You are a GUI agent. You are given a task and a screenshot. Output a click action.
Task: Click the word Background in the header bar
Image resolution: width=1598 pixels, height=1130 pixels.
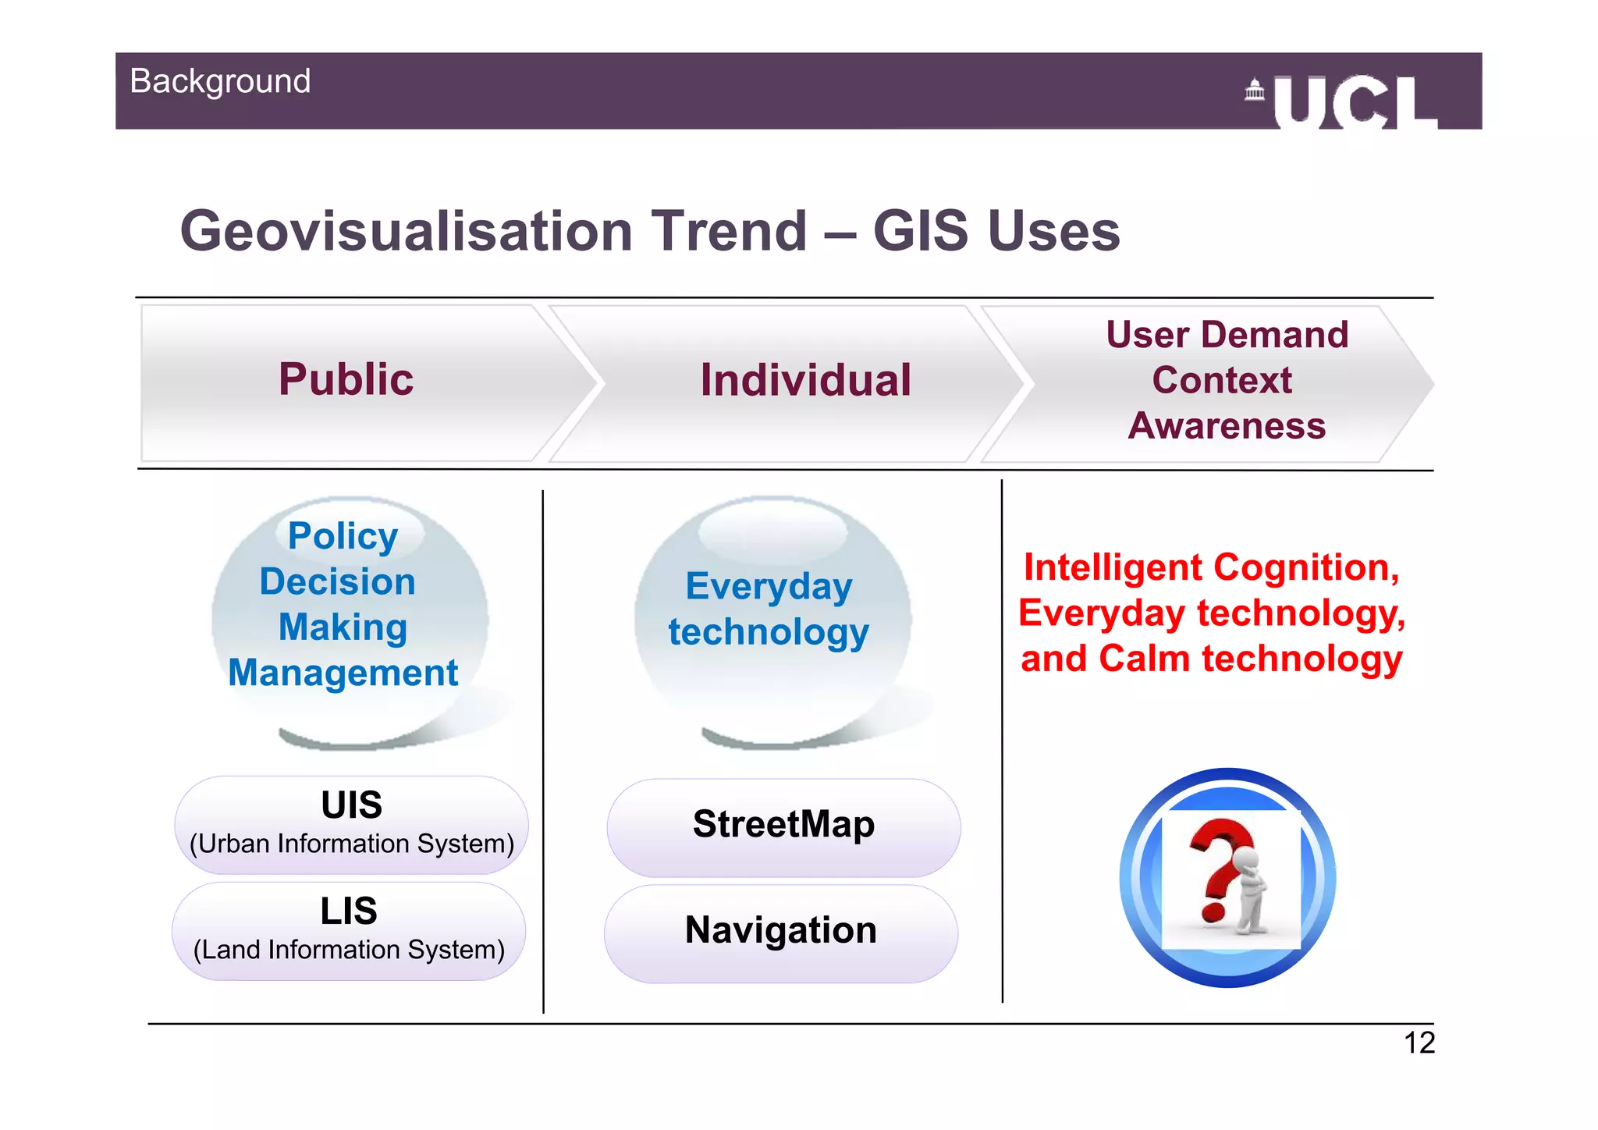[220, 81]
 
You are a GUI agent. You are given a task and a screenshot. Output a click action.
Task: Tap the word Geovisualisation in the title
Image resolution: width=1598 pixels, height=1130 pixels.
[406, 231]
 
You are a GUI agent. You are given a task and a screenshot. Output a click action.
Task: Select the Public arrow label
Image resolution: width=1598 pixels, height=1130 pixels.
[346, 379]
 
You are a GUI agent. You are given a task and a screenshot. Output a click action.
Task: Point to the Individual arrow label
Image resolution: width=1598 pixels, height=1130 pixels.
[805, 380]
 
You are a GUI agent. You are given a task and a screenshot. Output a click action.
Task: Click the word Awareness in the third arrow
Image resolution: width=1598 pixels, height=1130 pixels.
[1227, 426]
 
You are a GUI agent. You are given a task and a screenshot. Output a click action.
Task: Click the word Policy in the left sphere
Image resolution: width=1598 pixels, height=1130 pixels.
[343, 536]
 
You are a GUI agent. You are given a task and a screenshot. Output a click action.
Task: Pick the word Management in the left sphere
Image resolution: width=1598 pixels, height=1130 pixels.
[343, 673]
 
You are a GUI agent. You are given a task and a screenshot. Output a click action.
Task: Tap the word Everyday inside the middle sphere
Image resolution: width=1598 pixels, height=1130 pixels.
[769, 586]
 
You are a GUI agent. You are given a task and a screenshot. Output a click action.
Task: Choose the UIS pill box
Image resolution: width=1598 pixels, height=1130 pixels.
[351, 824]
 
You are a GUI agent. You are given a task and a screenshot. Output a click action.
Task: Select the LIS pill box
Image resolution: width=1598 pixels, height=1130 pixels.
[349, 930]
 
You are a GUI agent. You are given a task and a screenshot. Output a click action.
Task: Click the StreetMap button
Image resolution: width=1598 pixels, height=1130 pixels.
[783, 826]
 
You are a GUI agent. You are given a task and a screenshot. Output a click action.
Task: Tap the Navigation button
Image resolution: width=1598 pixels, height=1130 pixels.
[780, 931]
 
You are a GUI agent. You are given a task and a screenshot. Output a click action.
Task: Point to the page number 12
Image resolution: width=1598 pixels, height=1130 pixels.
[1419, 1043]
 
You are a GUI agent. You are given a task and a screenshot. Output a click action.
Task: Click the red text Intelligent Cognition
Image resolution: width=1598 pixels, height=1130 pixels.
[1211, 567]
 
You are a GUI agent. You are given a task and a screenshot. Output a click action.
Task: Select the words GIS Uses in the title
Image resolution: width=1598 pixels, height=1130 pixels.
[996, 231]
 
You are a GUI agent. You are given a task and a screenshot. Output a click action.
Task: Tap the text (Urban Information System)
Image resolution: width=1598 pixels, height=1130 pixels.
[351, 844]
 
